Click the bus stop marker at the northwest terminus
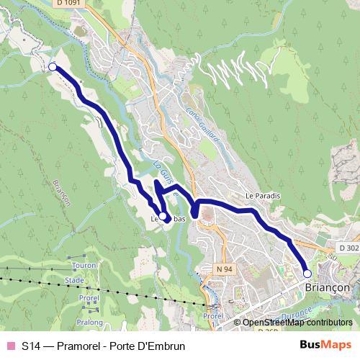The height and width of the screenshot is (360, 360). (52, 67)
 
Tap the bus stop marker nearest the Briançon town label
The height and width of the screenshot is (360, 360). (307, 274)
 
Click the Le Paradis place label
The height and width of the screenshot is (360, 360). (262, 195)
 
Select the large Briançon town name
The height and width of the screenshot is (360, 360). (323, 286)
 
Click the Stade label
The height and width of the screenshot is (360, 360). (74, 280)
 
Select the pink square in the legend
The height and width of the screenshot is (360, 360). (10, 346)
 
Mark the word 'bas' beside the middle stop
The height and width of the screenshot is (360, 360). (179, 217)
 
